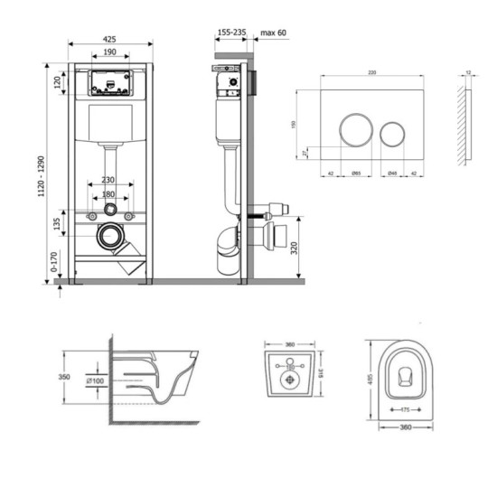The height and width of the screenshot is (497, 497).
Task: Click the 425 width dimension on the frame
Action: pos(109,40)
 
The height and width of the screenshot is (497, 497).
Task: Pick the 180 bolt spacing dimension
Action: pos(109,193)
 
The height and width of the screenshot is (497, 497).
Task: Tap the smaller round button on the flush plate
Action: pos(393,134)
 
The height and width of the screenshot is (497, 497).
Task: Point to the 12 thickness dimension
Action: pos(467,73)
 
